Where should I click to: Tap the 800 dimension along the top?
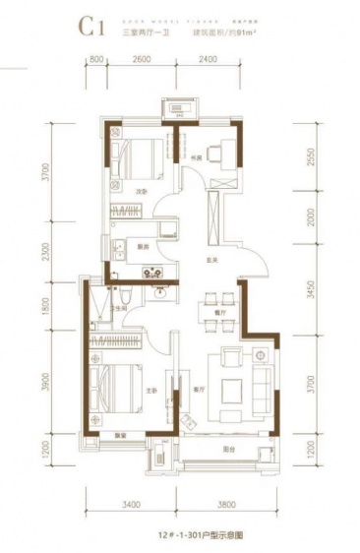click(96, 60)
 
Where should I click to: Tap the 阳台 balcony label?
click(227, 449)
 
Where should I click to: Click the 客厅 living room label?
click(198, 387)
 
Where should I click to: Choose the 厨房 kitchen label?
click(143, 246)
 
